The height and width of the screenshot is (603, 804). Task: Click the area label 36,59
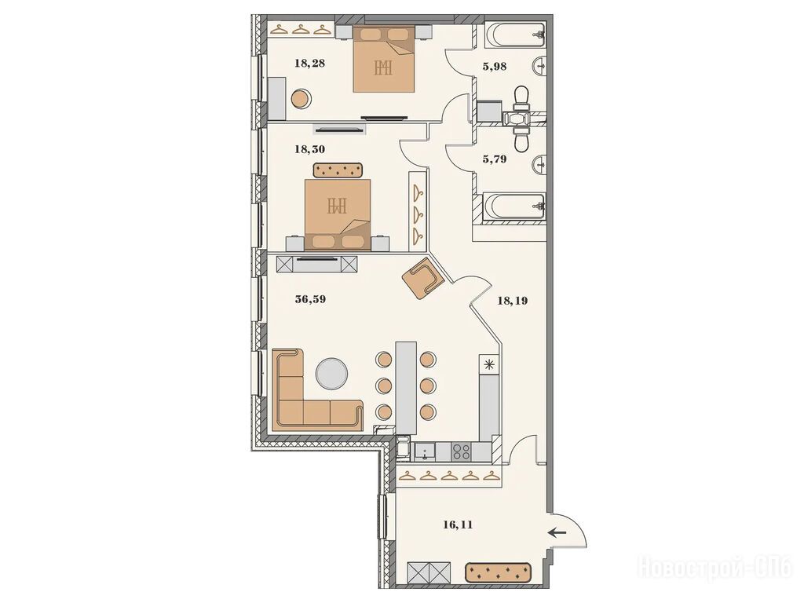point(310,299)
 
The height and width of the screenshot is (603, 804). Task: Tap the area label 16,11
point(458,524)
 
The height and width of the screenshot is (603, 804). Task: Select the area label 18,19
point(512,301)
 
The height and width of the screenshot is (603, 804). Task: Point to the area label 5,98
point(495,66)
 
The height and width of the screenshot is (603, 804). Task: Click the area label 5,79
point(495,159)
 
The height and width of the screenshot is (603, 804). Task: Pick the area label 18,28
point(309,64)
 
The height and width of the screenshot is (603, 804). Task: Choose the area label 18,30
point(309,150)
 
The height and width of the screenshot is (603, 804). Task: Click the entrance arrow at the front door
point(557,533)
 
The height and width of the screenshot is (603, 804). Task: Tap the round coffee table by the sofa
point(332,373)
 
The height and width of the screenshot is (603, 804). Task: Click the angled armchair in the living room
point(423,279)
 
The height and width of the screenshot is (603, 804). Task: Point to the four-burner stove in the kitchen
point(462,451)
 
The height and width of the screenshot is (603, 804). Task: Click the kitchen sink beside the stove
point(425,452)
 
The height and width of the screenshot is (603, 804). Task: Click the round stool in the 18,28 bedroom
point(301,98)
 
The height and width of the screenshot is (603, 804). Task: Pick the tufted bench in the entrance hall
point(499,572)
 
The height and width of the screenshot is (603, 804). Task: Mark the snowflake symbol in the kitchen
point(489,364)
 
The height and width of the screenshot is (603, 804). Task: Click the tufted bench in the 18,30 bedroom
point(338,170)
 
